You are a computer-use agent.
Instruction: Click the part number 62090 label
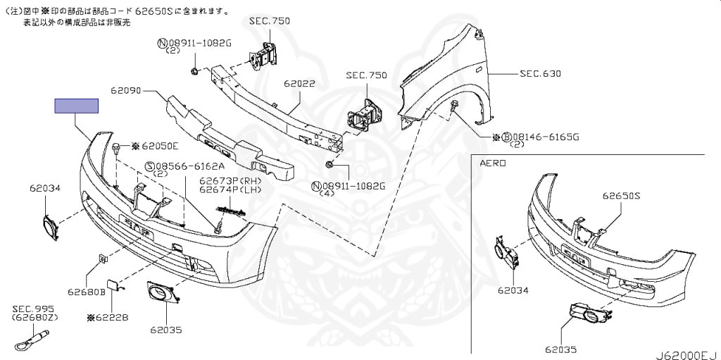126,90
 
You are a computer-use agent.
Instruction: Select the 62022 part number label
299,83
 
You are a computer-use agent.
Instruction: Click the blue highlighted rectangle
77,106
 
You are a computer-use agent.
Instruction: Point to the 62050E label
160,146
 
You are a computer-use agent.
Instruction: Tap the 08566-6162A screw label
190,166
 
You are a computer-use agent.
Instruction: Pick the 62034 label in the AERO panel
513,290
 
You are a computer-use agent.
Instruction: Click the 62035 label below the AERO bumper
561,349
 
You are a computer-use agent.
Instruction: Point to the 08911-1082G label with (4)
353,186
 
